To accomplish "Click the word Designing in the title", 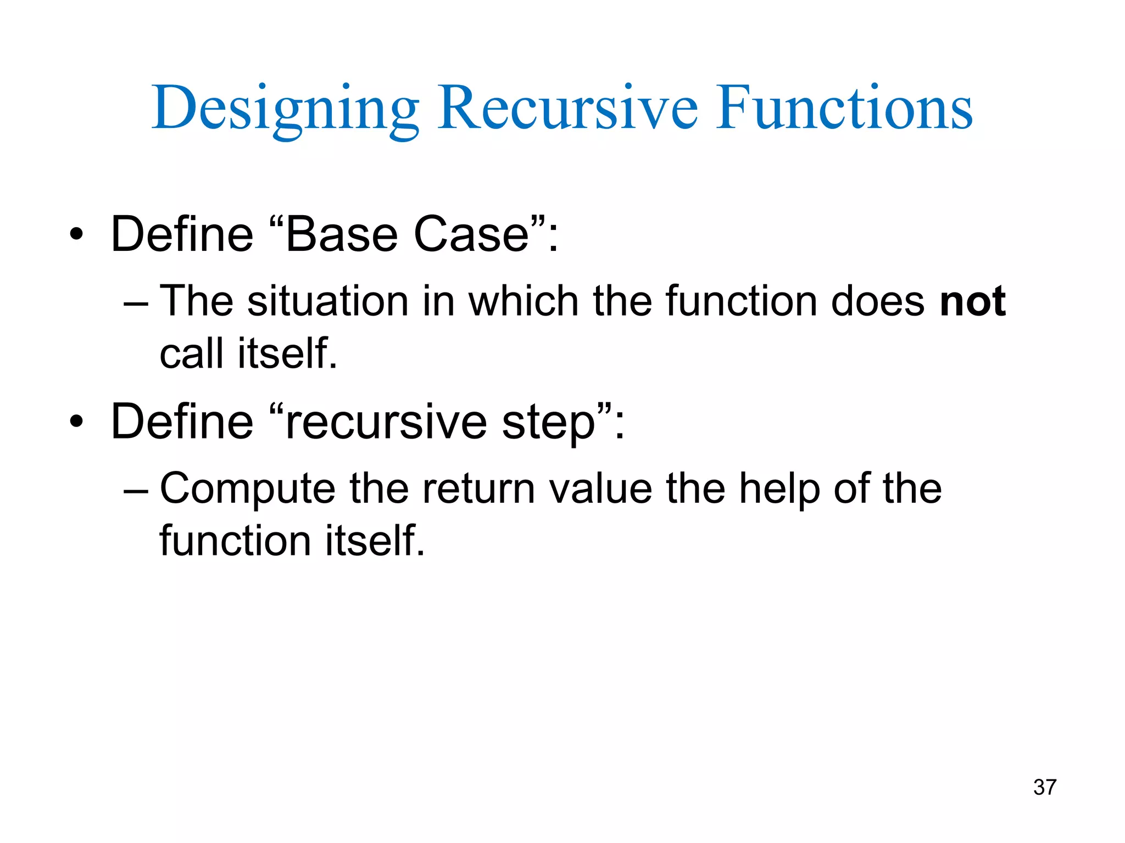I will coord(285,109).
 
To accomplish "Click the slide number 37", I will coord(1044,787).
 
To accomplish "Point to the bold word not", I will coord(972,301).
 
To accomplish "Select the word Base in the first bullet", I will coord(341,235).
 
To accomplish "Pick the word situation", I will coord(327,301).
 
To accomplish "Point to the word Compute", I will coord(247,489).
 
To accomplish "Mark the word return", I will coord(478,489).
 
